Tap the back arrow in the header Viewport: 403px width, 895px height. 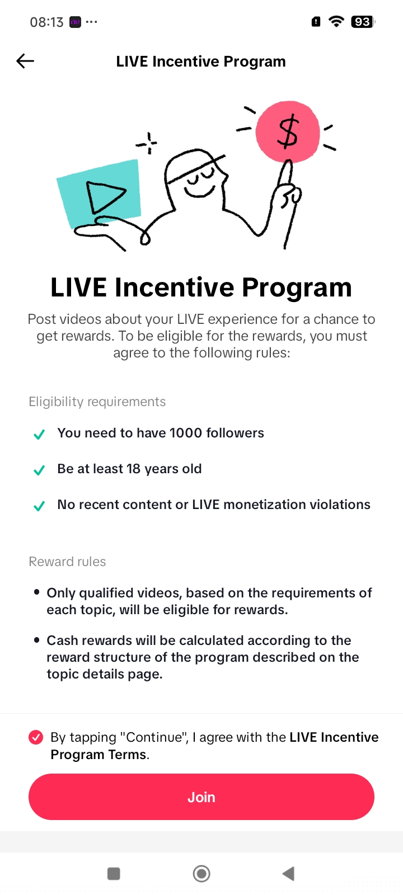[25, 61]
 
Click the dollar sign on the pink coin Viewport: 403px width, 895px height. [288, 131]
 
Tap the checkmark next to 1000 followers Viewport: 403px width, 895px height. [39, 434]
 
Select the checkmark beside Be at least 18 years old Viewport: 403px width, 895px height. [39, 470]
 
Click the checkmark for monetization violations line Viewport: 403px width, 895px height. [39, 506]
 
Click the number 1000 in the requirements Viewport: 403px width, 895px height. [185, 433]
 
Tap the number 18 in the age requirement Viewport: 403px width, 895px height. [134, 469]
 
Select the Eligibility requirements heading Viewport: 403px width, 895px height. [97, 402]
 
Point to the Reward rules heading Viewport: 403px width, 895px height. [67, 562]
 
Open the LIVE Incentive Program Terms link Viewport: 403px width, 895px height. [214, 746]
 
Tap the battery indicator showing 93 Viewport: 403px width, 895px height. [363, 22]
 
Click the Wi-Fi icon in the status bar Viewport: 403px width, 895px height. [336, 21]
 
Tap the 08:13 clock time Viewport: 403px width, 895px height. [47, 22]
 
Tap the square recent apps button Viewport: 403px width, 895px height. [114, 873]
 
